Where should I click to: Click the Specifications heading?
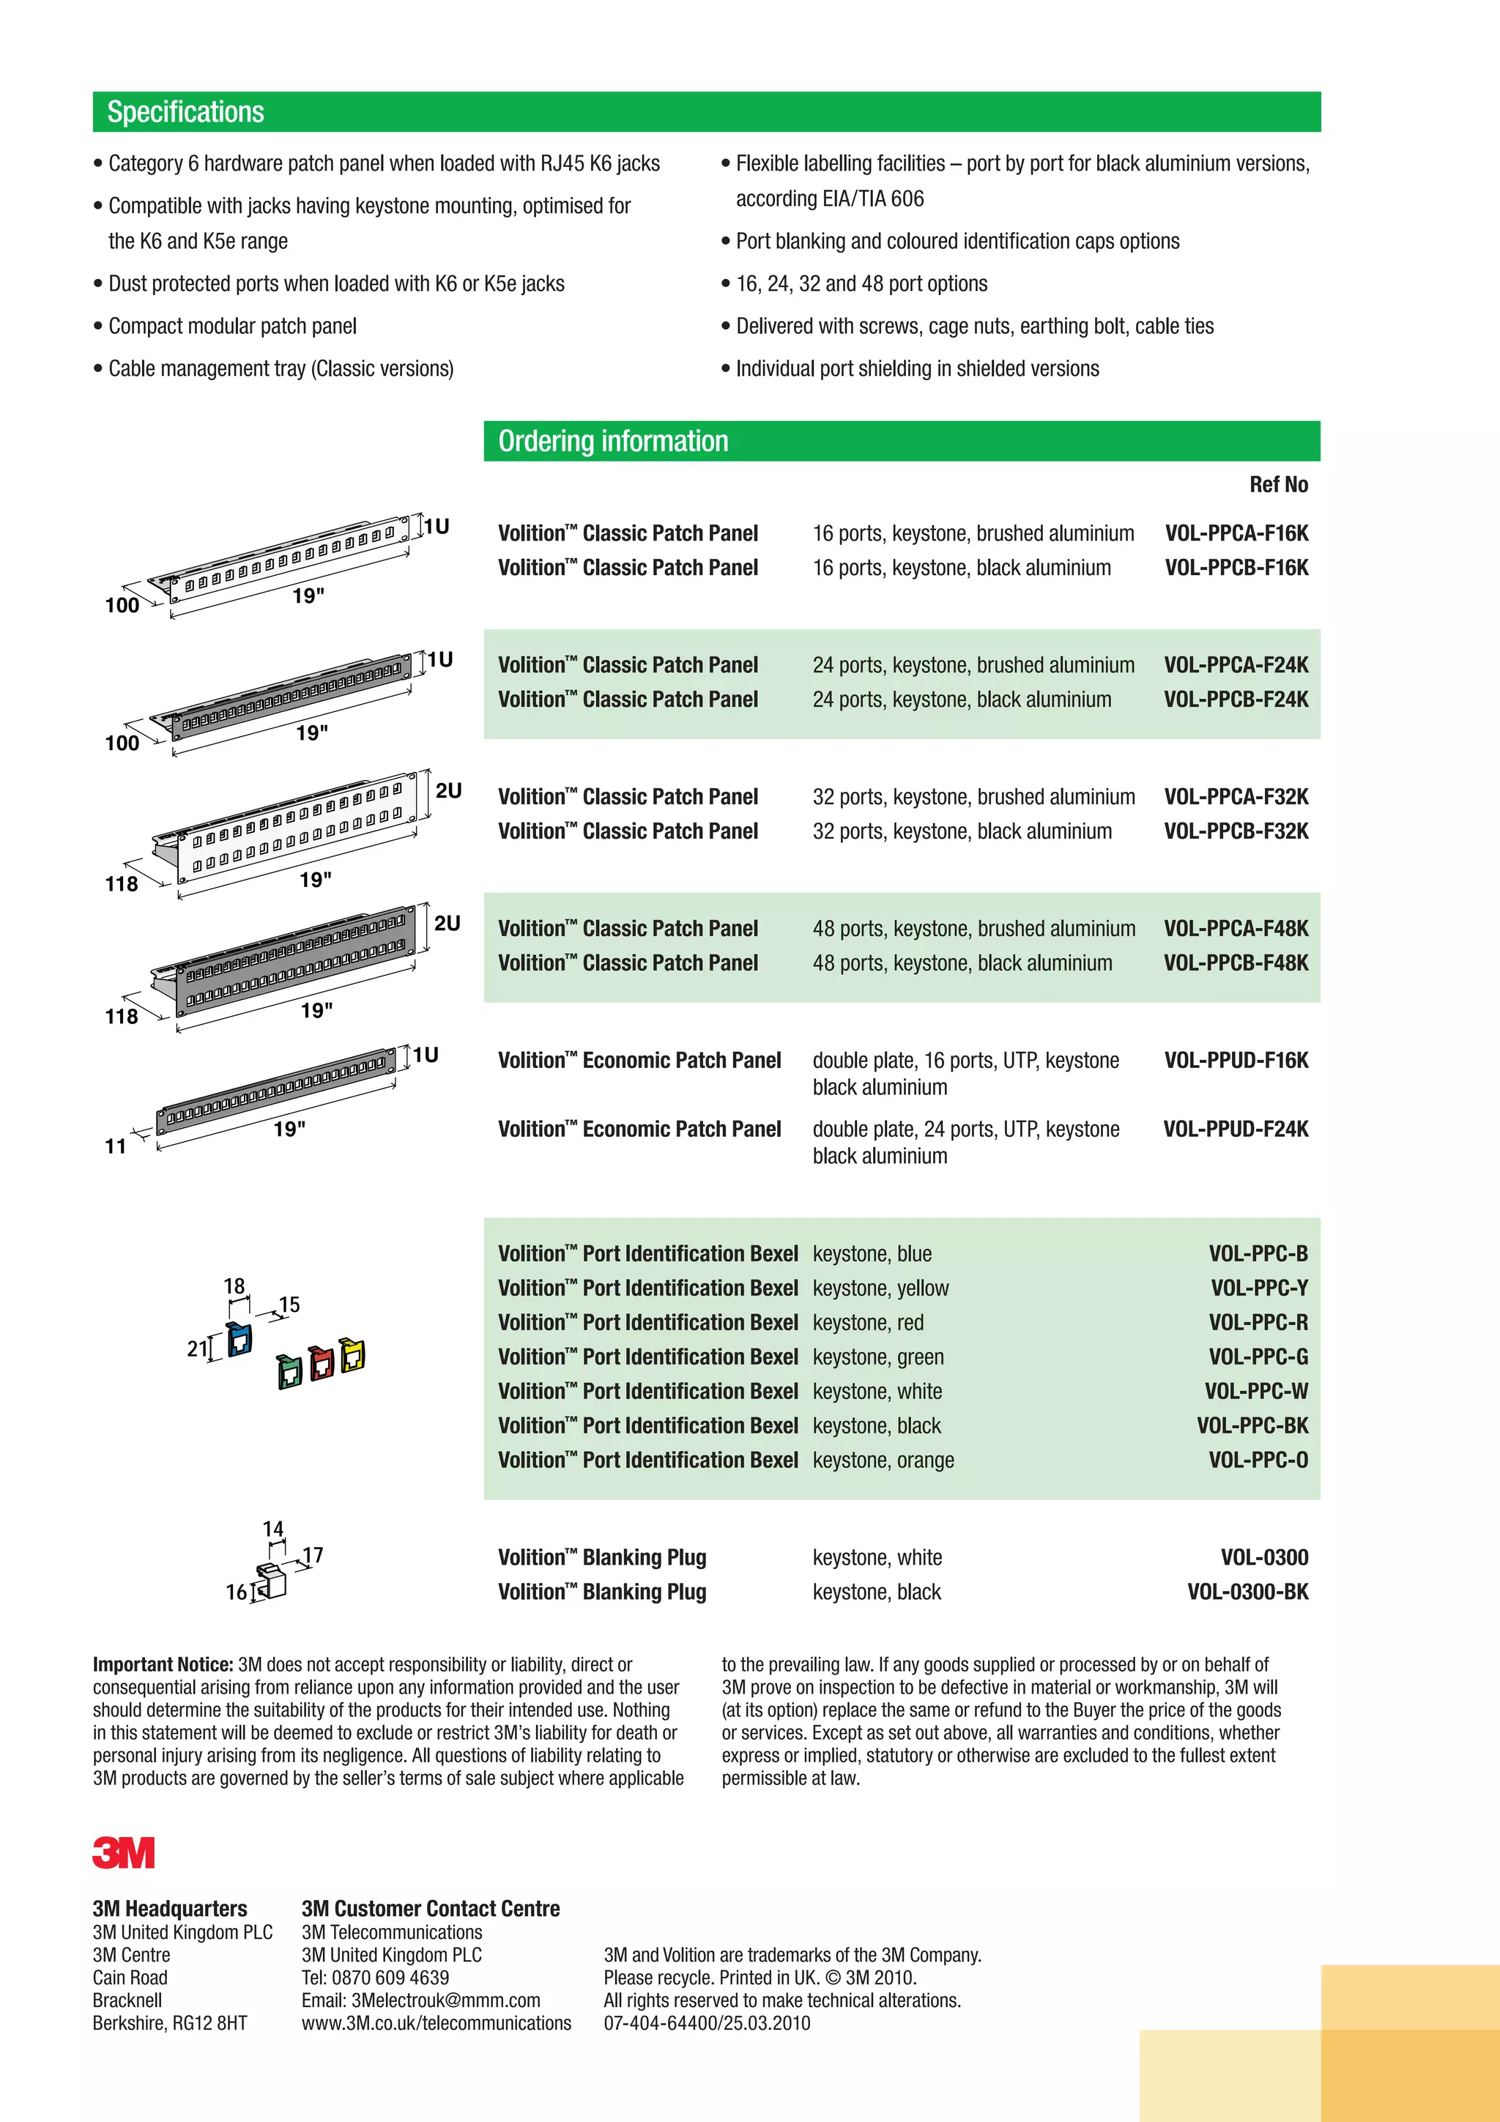click(x=186, y=112)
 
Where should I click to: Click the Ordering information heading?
click(x=613, y=441)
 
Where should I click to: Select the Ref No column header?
click(x=1278, y=484)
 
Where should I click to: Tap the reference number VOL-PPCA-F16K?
click(x=1236, y=533)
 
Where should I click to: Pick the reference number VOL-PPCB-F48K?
click(x=1236, y=963)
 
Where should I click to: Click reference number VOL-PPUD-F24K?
click(x=1236, y=1129)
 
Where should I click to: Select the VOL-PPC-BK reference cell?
click(x=1252, y=1425)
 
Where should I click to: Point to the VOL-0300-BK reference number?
click(x=1248, y=1592)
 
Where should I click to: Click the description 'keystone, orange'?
click(x=883, y=1461)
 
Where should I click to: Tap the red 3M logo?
click(x=124, y=1853)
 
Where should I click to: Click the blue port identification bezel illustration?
click(x=240, y=1339)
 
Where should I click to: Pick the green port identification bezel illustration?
click(x=290, y=1370)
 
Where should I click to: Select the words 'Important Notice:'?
click(x=163, y=1664)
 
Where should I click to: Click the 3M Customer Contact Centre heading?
click(x=431, y=1909)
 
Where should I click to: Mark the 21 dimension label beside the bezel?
click(x=197, y=1348)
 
